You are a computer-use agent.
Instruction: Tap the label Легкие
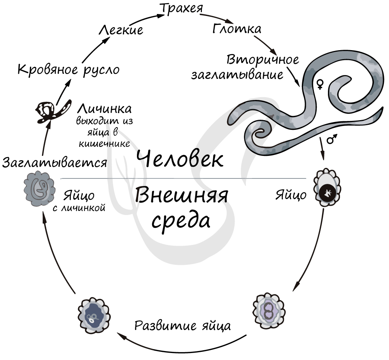pos(121,30)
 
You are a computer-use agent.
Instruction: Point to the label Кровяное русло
pos(68,70)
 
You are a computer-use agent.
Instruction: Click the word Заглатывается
pos(54,162)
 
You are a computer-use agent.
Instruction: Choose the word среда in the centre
pos(181,220)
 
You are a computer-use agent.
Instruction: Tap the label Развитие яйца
pos(182,325)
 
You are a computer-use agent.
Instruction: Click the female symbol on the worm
pos(320,84)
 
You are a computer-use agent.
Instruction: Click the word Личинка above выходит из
pos(105,108)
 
